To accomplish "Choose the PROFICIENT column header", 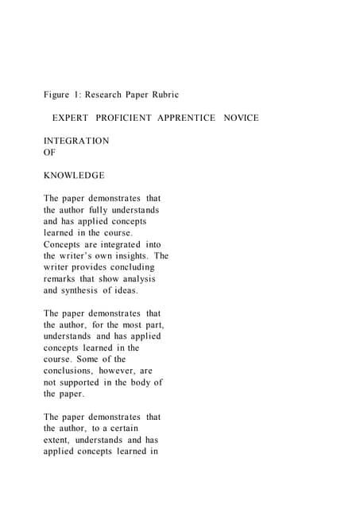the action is [x=128, y=118].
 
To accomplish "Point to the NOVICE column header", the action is [x=241, y=118].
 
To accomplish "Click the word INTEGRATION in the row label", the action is [x=76, y=141].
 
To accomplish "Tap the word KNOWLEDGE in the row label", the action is [x=74, y=175].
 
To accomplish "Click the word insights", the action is [x=131, y=256].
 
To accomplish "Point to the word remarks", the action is [x=59, y=279].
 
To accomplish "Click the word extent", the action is [x=57, y=440].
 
